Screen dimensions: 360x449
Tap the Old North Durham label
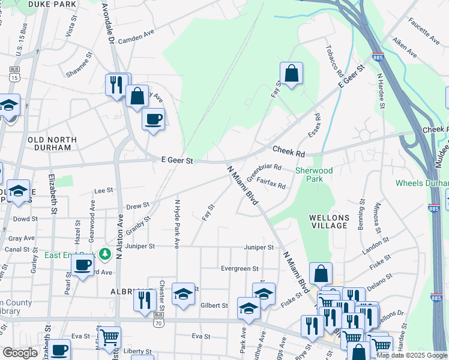pyautogui.click(x=53, y=143)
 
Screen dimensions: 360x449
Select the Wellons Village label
pyautogui.click(x=328, y=221)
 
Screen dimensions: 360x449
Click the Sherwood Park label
pyautogui.click(x=314, y=175)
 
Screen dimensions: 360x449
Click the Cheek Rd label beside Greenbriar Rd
pyautogui.click(x=288, y=151)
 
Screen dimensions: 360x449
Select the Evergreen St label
pyautogui.click(x=239, y=269)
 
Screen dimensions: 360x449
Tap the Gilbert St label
pyautogui.click(x=214, y=305)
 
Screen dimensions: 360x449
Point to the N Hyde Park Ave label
pyautogui.click(x=177, y=224)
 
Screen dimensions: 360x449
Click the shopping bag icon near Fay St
pyautogui.click(x=291, y=74)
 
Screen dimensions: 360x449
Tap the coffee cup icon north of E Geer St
pyautogui.click(x=153, y=118)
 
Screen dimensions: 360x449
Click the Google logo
pyautogui.click(x=20, y=353)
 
